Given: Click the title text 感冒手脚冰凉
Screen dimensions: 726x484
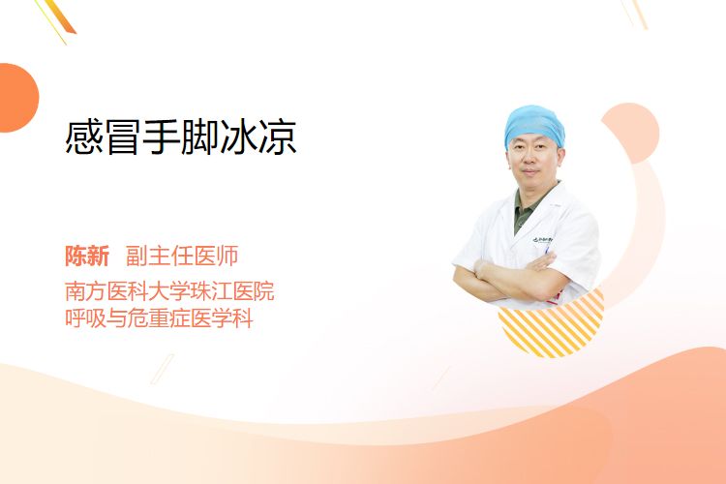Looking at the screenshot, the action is pos(181,136).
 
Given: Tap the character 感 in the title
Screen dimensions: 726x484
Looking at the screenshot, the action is pos(84,136).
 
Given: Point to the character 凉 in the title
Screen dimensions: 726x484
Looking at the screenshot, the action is pos(278,136).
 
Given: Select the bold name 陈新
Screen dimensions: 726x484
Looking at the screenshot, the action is pos(87,256).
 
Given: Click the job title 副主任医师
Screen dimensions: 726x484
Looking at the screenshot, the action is pos(182,256).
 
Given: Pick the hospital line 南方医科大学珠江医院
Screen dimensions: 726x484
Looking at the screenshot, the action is pos(169,291).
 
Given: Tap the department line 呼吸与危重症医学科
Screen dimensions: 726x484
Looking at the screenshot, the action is pos(159,318).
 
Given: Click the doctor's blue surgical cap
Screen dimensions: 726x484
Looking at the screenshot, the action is pos(534,124).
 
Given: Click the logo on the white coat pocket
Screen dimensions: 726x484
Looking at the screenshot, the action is pos(542,239).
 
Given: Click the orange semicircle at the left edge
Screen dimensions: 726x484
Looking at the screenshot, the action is pos(17,98).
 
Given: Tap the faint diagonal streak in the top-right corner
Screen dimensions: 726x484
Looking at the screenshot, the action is pos(635,14).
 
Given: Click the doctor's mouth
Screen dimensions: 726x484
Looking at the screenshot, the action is pos(529,172).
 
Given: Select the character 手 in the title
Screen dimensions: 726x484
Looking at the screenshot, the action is pos(161,136).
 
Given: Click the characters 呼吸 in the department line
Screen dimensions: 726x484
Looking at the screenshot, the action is pos(85,318).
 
